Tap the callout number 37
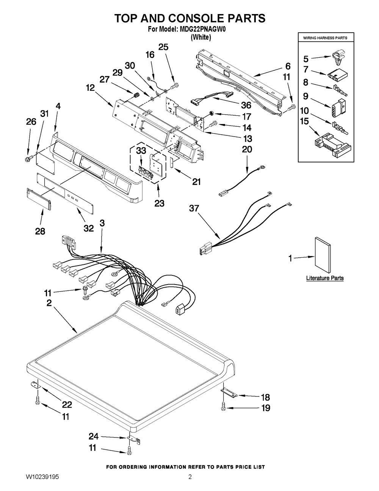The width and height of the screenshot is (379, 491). coord(194,208)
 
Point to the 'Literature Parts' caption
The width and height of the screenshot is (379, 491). coord(325,278)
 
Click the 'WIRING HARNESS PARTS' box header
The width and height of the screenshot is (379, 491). coord(325,38)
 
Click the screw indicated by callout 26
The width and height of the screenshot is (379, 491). coord(28,156)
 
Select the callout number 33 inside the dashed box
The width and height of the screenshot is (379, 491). coord(141,151)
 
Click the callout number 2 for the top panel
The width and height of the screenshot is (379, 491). coord(50,303)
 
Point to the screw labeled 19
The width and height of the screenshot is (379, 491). coord(223,408)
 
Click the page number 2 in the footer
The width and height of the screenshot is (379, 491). coord(190,477)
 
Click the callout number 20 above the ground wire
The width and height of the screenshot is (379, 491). coord(247,150)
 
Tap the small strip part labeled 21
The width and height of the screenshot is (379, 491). coord(172,163)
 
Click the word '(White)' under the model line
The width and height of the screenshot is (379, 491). coord(200,38)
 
